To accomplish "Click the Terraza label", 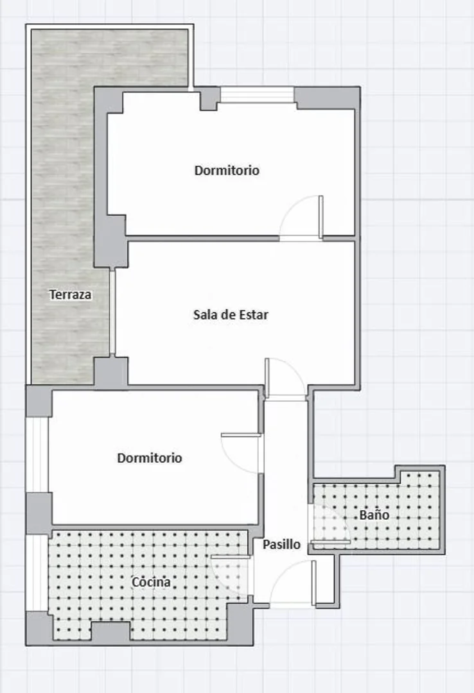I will click(71, 295).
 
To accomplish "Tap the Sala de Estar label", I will click(231, 314).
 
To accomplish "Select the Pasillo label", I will click(281, 544).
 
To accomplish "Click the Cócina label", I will click(151, 582).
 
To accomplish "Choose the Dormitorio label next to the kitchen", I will click(149, 458).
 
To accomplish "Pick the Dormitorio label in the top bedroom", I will click(227, 170).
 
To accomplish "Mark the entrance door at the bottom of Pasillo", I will click(292, 584).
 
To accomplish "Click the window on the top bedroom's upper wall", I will click(257, 95).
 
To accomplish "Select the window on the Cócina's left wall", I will click(37, 572).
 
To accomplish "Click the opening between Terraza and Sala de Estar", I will click(112, 312).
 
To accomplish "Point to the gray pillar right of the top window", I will click(326, 98).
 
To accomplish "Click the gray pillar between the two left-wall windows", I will click(39, 512).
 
